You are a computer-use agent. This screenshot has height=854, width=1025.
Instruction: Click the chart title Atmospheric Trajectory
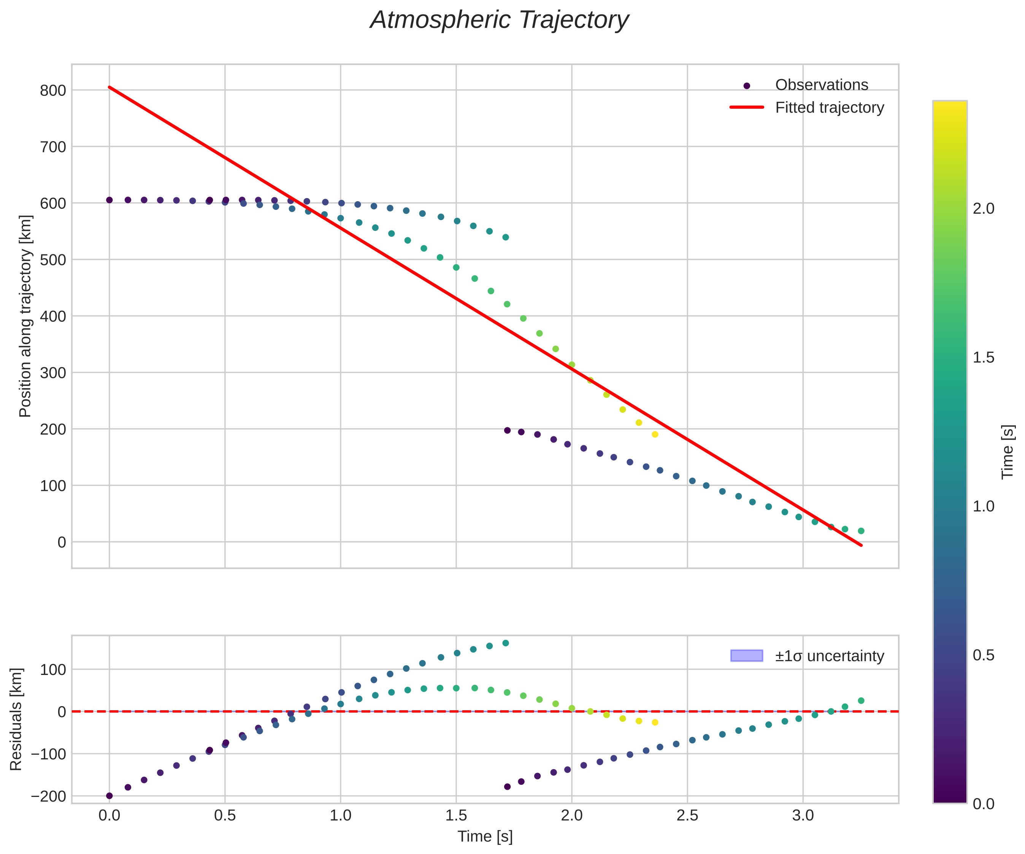(x=499, y=20)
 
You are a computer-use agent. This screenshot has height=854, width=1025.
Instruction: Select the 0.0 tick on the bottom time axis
(x=109, y=816)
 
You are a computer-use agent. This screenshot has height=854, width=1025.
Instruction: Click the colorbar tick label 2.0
(x=983, y=208)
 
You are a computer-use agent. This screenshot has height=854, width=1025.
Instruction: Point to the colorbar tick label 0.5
(x=983, y=655)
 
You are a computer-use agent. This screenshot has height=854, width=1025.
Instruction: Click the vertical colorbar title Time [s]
(x=1008, y=452)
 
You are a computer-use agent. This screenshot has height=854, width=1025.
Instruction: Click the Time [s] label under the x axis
(x=485, y=837)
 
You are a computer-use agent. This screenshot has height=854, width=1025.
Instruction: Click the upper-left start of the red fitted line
(x=110, y=87)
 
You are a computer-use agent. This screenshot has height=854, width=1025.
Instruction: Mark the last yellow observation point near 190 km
(x=655, y=435)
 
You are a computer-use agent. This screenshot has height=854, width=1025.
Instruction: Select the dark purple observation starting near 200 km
(x=507, y=430)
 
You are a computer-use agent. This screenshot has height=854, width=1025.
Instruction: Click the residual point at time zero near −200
(x=109, y=796)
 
